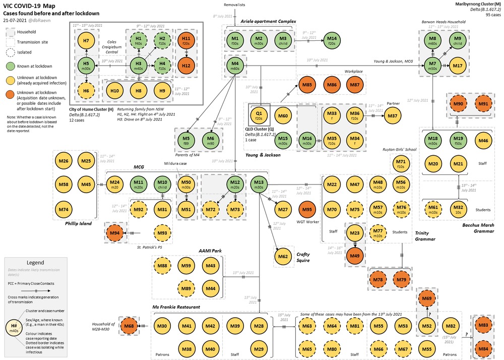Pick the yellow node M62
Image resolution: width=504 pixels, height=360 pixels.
(283, 257)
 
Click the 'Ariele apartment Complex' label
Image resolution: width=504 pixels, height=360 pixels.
(268, 21)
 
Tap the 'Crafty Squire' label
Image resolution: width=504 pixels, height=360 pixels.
(303, 258)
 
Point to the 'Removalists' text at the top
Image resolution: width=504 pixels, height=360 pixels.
(234, 4)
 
